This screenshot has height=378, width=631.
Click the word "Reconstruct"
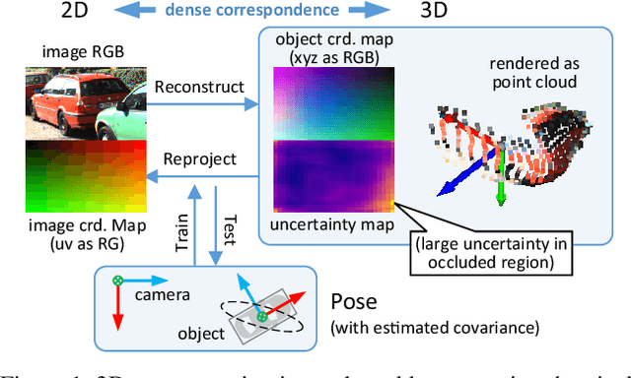pos(199,87)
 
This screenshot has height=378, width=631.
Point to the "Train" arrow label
pos(182,237)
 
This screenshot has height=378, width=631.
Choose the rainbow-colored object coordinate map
pos(330,107)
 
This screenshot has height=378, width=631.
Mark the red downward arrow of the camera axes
pos(119,310)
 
